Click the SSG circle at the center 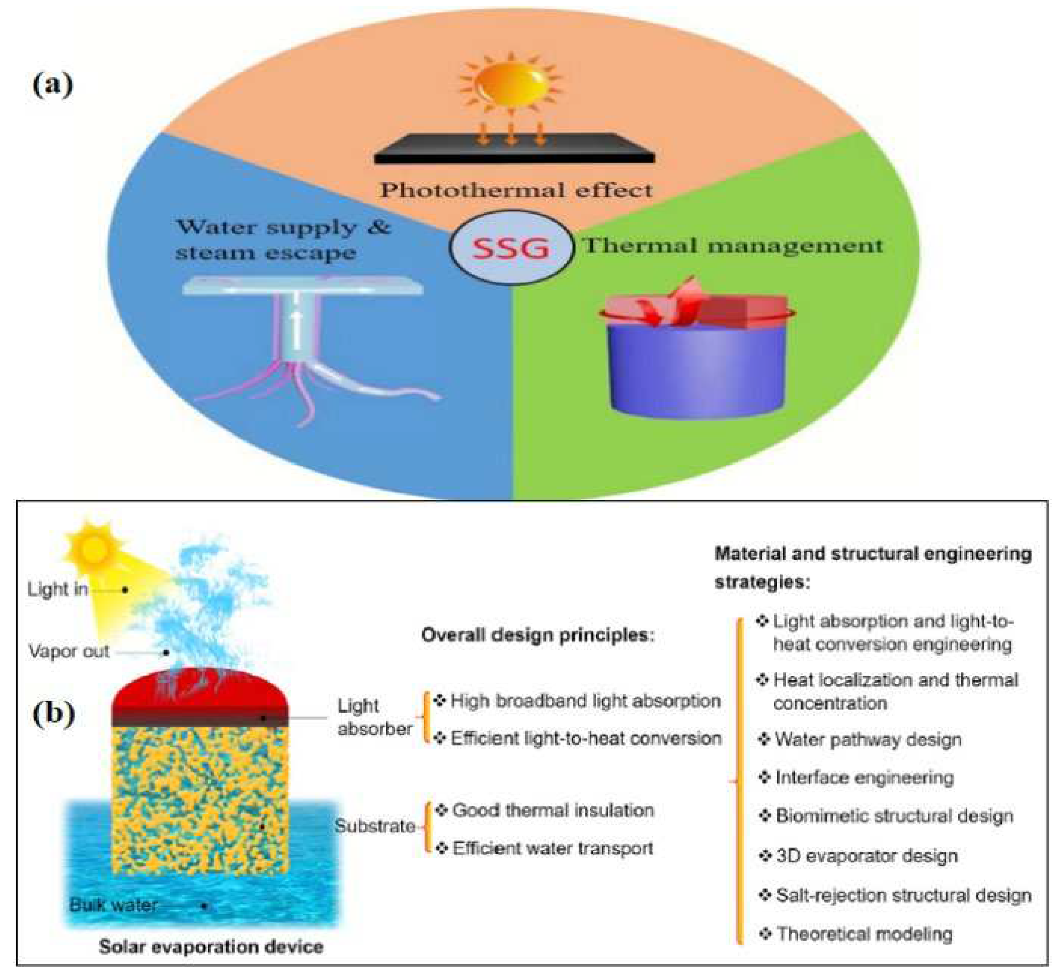coord(511,247)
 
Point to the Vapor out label coord(69,651)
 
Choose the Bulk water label coord(114,905)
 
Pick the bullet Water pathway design coord(867,739)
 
